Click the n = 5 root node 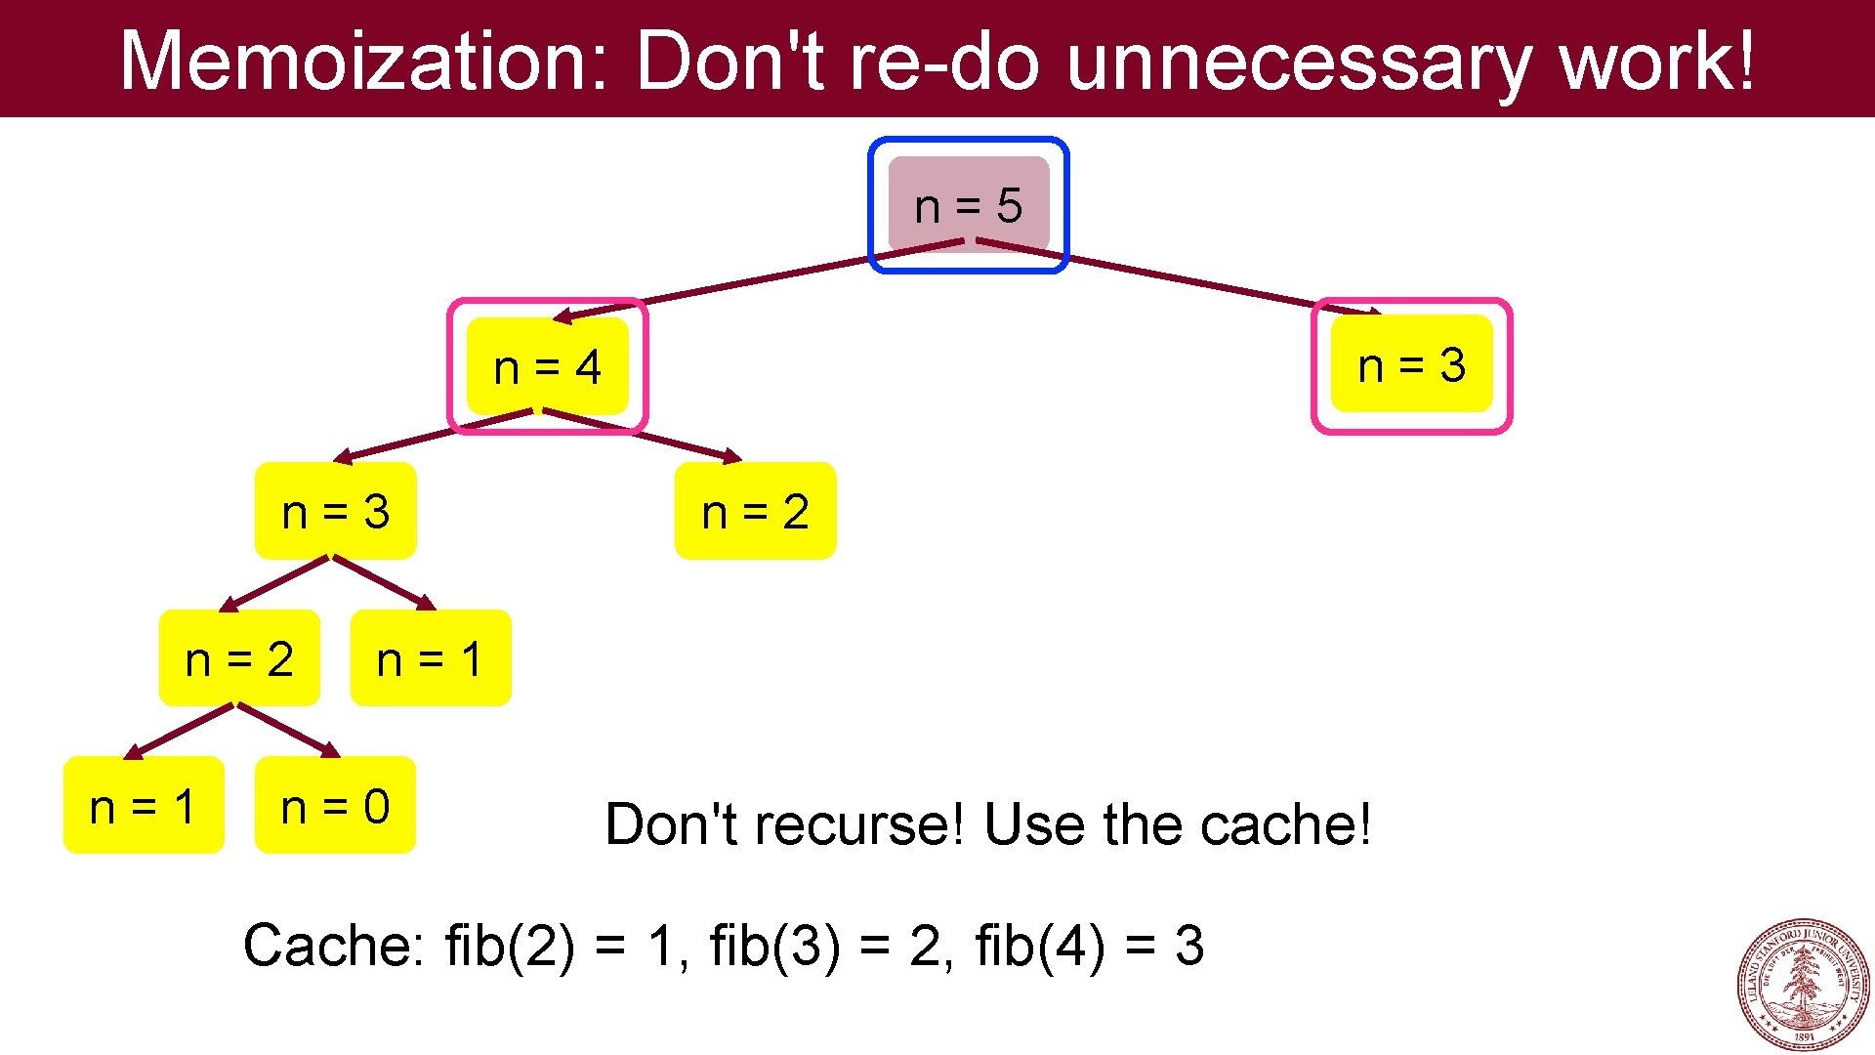point(968,205)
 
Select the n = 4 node point(547,367)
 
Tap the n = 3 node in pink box point(1411,365)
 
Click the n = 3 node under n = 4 point(335,511)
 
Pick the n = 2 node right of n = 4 point(755,511)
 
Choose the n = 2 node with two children point(239,658)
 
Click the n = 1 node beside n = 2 point(430,658)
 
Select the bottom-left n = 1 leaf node point(144,806)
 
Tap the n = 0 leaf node point(335,806)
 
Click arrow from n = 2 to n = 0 point(288,730)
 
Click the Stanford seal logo point(1803,985)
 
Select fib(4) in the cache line point(1039,946)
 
